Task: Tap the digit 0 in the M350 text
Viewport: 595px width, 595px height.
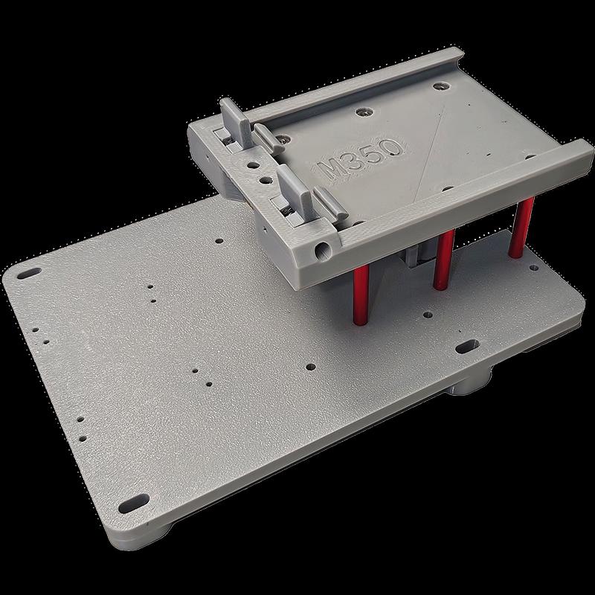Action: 393,147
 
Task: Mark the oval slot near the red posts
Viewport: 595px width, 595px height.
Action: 468,346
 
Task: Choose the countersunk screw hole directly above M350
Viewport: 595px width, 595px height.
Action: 363,112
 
